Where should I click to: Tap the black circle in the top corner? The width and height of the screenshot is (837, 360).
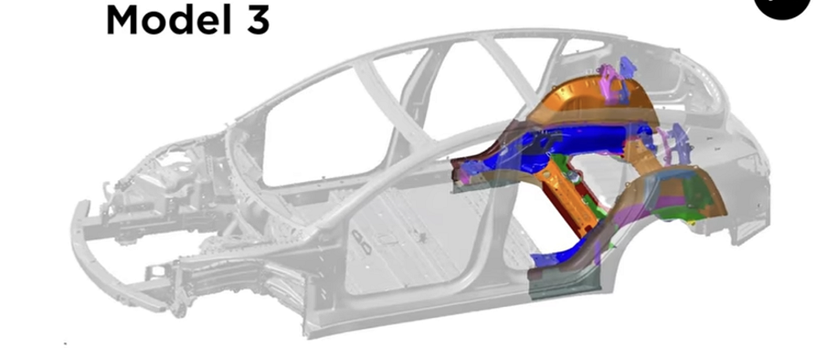click(x=782, y=5)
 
